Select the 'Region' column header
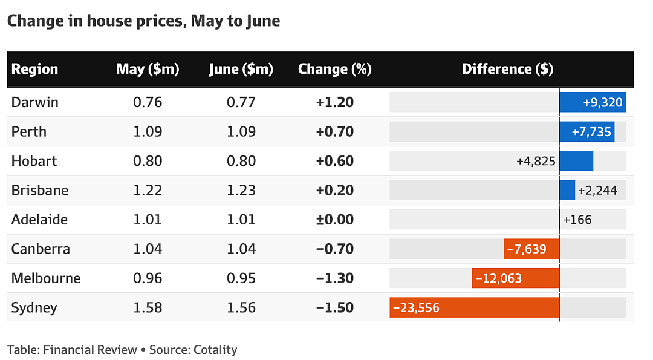click(34, 69)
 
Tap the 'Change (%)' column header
click(334, 69)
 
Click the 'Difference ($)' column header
click(507, 69)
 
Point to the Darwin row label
click(34, 102)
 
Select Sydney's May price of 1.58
click(148, 307)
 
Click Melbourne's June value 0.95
click(241, 278)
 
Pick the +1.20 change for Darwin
click(334, 102)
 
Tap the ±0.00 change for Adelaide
click(334, 220)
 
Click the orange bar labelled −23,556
click(475, 307)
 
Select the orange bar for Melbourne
click(516, 278)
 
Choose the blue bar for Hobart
click(576, 161)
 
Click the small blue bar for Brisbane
click(567, 191)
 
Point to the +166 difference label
click(577, 220)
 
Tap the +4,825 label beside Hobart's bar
click(536, 161)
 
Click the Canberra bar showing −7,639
click(531, 249)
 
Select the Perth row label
click(29, 132)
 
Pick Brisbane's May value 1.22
click(148, 191)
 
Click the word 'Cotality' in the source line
click(215, 350)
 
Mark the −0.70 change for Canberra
click(334, 249)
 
